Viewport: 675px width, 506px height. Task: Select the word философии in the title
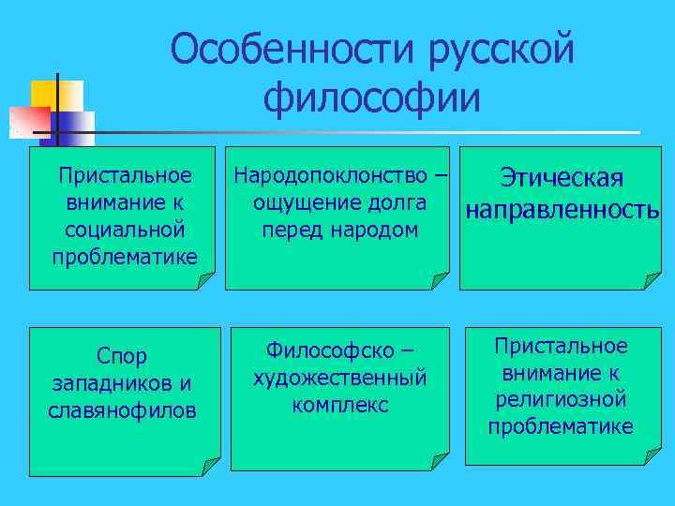[371, 97]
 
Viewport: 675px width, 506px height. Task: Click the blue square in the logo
[75, 126]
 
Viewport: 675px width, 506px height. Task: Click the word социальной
[124, 229]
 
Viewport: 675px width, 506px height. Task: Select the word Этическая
[562, 178]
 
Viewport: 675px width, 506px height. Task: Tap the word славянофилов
[123, 409]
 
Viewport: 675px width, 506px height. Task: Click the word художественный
[339, 378]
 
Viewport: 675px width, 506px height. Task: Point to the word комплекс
[339, 405]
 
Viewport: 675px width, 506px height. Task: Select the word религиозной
[561, 400]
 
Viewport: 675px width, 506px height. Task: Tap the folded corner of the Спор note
[210, 462]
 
